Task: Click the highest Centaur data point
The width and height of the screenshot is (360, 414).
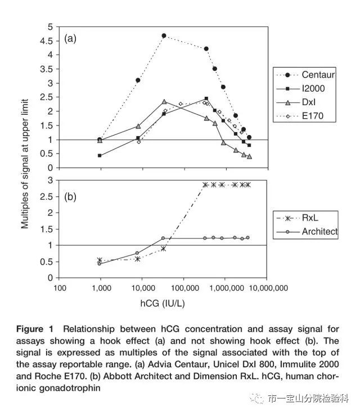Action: (164, 35)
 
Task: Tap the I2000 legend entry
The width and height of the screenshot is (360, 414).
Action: (300, 88)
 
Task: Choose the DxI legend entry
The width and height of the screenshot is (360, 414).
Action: (296, 102)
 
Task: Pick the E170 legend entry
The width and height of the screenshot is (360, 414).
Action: (300, 116)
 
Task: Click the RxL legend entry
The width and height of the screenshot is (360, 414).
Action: (297, 218)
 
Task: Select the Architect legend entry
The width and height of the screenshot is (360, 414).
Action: (307, 232)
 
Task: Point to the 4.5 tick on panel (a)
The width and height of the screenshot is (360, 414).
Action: (47, 41)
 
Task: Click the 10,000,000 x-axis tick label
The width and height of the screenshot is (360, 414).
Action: (268, 288)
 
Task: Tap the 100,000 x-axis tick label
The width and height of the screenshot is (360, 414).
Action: (184, 288)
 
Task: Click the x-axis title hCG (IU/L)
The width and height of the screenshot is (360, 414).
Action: (163, 303)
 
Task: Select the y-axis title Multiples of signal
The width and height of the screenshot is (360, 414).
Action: (25, 164)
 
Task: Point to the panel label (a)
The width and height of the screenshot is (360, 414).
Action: (70, 39)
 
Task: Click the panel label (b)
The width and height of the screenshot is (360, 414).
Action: (70, 197)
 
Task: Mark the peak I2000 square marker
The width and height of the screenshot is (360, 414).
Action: (206, 98)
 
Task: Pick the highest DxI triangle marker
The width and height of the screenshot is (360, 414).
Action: (164, 102)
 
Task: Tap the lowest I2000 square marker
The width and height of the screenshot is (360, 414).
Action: (100, 155)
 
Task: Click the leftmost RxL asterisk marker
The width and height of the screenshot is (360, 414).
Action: (100, 260)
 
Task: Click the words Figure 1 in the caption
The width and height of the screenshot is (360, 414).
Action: (35, 329)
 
